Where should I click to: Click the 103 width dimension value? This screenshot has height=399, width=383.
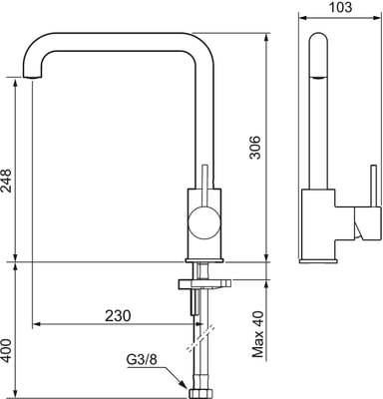(x=340, y=7)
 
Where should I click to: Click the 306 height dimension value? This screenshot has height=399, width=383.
(x=256, y=148)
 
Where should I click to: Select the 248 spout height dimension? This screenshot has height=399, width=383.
(x=6, y=181)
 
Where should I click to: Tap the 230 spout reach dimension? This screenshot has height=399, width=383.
(x=118, y=315)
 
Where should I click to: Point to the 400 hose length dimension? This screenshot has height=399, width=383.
(x=6, y=351)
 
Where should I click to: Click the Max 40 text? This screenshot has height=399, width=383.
(x=257, y=334)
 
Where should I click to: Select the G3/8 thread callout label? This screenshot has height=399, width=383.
(x=141, y=359)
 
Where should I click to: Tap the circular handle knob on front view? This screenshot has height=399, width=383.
(x=203, y=221)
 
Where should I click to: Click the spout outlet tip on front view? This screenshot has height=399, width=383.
(x=33, y=77)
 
